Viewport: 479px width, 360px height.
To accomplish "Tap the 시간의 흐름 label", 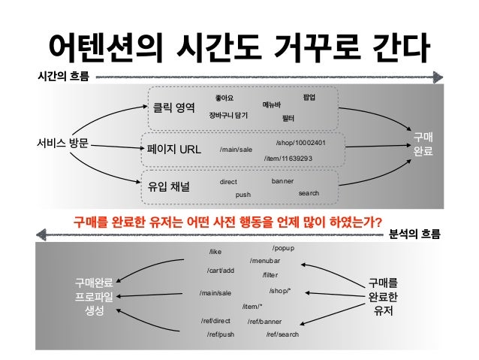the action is coord(62,76).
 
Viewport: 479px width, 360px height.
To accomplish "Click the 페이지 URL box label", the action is coord(174,148).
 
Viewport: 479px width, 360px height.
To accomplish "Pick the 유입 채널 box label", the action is coord(170,186).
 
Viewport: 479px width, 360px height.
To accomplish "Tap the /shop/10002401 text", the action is coord(300,142).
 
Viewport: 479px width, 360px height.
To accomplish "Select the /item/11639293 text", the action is coord(288,159).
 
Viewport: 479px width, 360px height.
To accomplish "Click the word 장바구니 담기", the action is coord(228,115).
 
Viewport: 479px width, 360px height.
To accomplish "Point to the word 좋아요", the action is coord(224,98).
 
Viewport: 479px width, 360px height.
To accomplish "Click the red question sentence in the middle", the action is coord(227,222).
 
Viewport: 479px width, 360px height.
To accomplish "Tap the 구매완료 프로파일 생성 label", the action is coord(94,297).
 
